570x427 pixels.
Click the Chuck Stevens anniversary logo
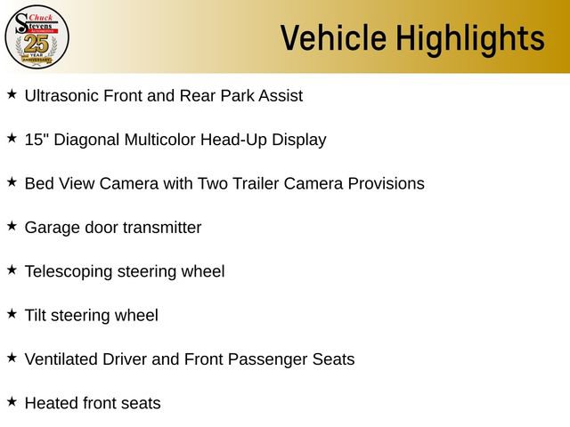click(37, 36)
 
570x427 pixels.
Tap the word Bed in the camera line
click(39, 183)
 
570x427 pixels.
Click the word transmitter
click(162, 228)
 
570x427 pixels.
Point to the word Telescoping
click(69, 271)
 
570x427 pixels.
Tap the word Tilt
click(37, 315)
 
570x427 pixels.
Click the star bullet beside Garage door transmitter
click(12, 226)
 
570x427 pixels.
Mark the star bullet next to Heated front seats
click(12, 401)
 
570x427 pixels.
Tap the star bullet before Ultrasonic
click(12, 93)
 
